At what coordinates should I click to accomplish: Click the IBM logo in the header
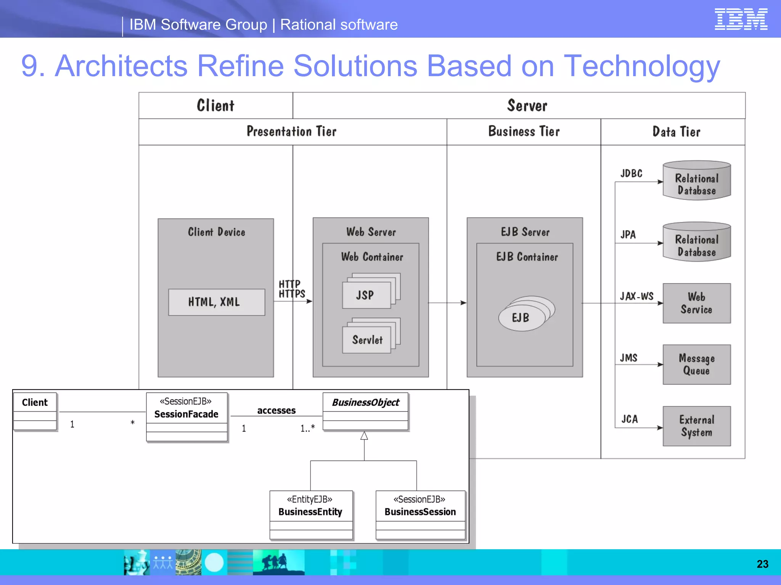(x=741, y=19)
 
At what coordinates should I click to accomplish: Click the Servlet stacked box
(x=367, y=340)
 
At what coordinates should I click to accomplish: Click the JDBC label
(x=631, y=174)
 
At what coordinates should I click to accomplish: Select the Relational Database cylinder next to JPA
(x=696, y=242)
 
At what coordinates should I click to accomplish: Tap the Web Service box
(x=696, y=303)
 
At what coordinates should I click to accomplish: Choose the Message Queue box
(x=696, y=364)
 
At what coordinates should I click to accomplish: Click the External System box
(x=696, y=426)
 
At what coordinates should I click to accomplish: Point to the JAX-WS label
(x=636, y=296)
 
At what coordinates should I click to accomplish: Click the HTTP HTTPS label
(x=291, y=289)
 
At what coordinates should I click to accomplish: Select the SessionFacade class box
(x=186, y=417)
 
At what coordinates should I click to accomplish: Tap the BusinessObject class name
(x=365, y=403)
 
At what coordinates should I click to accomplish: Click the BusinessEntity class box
(x=311, y=515)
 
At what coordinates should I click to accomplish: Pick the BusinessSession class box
(x=420, y=515)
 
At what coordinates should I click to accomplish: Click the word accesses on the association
(x=276, y=411)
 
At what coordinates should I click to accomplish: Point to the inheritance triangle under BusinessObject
(x=364, y=436)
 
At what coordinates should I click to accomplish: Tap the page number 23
(x=762, y=564)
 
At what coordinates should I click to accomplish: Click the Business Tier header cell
(x=524, y=132)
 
